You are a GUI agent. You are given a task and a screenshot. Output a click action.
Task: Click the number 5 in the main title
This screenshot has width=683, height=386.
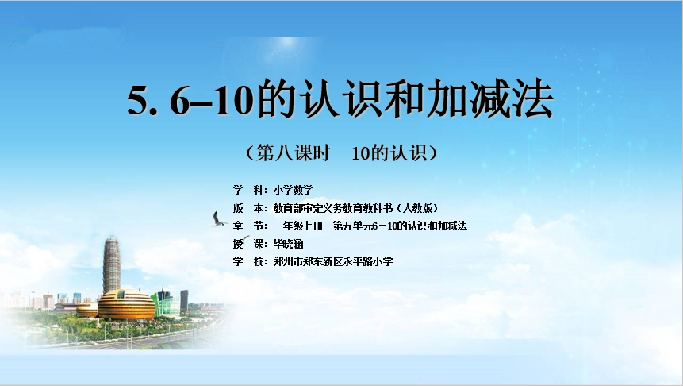click(138, 100)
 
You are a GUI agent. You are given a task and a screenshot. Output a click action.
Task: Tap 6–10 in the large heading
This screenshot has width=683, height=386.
click(212, 100)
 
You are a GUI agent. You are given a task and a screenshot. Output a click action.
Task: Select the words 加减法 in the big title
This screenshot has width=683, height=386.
click(490, 99)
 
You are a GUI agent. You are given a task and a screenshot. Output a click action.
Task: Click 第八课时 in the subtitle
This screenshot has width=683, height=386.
click(294, 153)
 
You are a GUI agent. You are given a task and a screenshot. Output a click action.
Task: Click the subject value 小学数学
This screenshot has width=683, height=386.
click(294, 190)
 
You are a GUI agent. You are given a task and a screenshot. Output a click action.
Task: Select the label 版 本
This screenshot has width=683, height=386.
click(249, 208)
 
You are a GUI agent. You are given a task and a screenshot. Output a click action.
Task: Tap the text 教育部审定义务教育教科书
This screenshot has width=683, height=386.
click(333, 208)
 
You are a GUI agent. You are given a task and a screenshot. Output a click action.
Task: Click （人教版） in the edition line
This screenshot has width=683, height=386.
click(417, 208)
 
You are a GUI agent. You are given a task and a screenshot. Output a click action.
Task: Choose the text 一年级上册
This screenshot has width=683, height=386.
click(298, 226)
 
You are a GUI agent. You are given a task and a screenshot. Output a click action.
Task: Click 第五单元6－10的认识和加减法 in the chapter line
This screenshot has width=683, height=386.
click(400, 226)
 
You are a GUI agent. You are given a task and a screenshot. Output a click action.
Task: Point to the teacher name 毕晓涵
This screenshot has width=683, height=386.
click(289, 244)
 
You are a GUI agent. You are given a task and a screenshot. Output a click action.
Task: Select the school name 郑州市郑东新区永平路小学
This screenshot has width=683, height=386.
click(333, 261)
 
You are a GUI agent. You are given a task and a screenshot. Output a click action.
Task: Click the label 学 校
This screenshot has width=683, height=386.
click(249, 261)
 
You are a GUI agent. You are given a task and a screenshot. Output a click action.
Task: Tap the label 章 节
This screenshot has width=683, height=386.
click(249, 226)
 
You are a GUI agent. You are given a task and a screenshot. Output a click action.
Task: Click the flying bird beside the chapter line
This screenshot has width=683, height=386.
click(218, 219)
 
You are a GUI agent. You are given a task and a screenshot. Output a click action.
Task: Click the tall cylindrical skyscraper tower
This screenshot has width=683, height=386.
click(112, 264)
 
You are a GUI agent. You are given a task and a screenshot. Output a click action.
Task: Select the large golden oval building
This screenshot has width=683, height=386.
click(126, 305)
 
